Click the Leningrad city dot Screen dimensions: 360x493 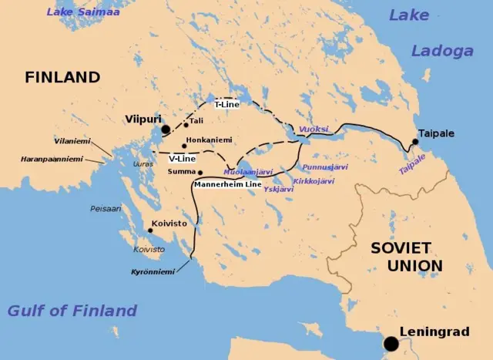point(392,343)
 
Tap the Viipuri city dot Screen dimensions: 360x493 point(165,130)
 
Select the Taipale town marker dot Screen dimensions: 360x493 point(414,142)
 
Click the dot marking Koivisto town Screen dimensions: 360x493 point(149,230)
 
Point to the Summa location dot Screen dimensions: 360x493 point(200,172)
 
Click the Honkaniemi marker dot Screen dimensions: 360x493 point(185,146)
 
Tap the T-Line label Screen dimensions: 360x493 point(227,104)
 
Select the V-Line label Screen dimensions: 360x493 point(182,158)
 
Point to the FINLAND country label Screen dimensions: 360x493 point(62,77)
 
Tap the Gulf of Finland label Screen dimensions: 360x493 point(72,311)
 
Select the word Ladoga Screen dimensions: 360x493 point(441,51)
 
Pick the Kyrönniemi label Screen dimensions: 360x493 point(153,272)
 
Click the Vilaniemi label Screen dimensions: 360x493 point(72,141)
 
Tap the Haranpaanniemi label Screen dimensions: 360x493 point(52,160)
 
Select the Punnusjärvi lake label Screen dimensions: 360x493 point(325,167)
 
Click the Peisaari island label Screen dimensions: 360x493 point(106,208)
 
